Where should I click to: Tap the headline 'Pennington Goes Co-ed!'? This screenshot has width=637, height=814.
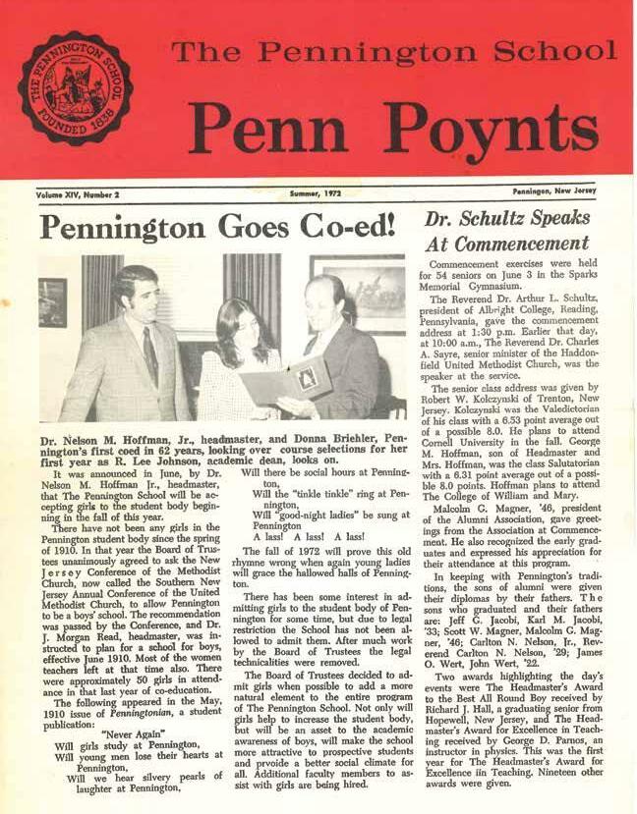[x=217, y=228]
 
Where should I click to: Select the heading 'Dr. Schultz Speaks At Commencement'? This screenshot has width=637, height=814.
[x=521, y=229]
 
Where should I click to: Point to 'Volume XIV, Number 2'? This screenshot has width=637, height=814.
[x=78, y=195]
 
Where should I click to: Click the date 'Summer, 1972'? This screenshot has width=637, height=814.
[x=318, y=194]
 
